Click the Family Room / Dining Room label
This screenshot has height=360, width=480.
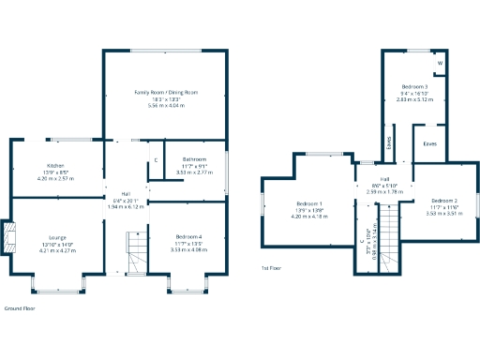pyautogui.click(x=166, y=93)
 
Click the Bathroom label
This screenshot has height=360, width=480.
pyautogui.click(x=195, y=159)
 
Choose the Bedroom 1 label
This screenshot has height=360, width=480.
pyautogui.click(x=309, y=203)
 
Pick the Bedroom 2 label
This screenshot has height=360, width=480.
pyautogui.click(x=444, y=201)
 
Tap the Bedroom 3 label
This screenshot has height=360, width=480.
pyautogui.click(x=413, y=86)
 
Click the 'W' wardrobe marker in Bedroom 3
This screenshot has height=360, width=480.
pyautogui.click(x=440, y=65)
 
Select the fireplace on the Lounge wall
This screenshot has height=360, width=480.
pyautogui.click(x=9, y=237)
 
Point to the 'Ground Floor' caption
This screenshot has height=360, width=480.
pyautogui.click(x=21, y=307)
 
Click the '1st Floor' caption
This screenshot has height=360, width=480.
pyautogui.click(x=272, y=268)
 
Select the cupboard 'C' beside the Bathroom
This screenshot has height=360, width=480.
pyautogui.click(x=156, y=160)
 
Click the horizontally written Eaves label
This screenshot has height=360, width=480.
pyautogui.click(x=429, y=143)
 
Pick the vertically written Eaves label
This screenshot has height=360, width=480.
pyautogui.click(x=389, y=142)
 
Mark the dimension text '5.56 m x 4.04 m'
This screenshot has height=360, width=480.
pyautogui.click(x=166, y=106)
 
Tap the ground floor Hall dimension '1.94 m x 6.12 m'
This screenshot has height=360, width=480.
pyautogui.click(x=126, y=206)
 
